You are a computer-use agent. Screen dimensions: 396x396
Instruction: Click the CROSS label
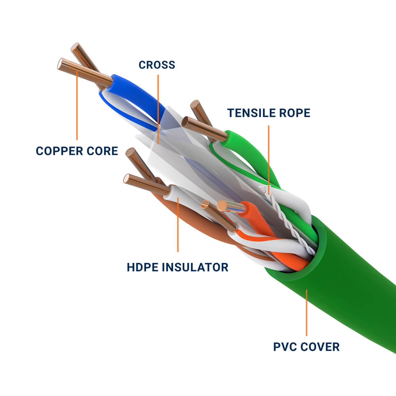(x=157, y=65)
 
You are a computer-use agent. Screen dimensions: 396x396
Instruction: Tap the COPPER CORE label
(x=77, y=151)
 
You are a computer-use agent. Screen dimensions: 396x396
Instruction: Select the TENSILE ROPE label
(x=268, y=113)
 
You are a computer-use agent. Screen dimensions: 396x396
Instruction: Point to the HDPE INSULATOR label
(x=177, y=267)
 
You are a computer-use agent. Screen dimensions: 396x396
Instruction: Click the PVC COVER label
(x=306, y=347)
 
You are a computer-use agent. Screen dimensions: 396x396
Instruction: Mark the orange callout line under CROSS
(x=158, y=107)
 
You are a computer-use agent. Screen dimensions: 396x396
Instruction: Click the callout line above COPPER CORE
(x=77, y=107)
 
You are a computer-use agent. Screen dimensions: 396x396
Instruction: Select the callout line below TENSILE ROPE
(x=268, y=158)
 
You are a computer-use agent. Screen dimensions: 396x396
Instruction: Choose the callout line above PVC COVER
(x=306, y=313)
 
